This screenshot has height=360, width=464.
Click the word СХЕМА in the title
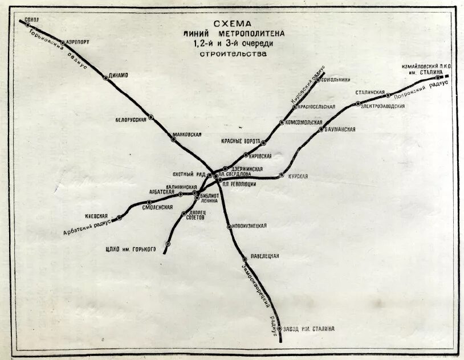tap(231, 24)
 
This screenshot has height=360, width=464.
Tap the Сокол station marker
tap(27, 24)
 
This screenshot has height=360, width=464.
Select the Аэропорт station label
tap(78, 42)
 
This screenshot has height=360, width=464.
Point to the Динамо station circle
tap(105, 77)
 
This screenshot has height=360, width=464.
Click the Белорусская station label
tap(131, 120)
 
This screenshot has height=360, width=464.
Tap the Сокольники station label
tap(336, 80)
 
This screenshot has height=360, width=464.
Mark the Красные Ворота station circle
tap(263, 142)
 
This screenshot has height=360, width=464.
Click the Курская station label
tap(298, 177)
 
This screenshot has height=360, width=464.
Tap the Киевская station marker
tap(119, 218)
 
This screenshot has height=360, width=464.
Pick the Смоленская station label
tap(157, 207)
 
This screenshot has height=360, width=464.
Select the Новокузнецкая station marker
tap(229, 227)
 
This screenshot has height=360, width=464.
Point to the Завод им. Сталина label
tap(308, 329)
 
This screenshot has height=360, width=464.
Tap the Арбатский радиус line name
tap(86, 227)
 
